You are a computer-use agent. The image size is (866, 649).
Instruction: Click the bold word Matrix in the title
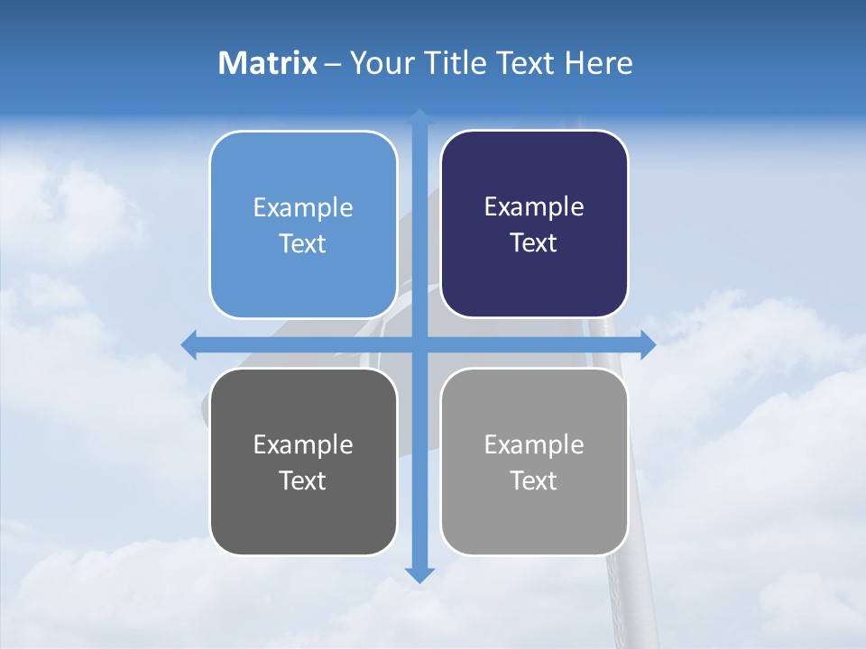click(x=268, y=63)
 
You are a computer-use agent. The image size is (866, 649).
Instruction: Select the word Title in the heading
click(x=453, y=63)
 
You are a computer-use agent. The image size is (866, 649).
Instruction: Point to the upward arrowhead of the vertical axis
click(x=419, y=117)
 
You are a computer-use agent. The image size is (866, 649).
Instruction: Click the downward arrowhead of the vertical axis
click(x=419, y=574)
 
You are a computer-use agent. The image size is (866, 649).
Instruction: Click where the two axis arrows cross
click(x=419, y=344)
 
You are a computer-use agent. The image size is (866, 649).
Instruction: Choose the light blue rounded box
click(x=303, y=270)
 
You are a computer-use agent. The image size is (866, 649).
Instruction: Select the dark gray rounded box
click(x=303, y=514)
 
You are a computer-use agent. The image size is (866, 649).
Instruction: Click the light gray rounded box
click(x=534, y=514)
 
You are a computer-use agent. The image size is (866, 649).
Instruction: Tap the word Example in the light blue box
click(x=303, y=207)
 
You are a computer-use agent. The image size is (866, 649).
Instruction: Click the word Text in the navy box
click(x=534, y=243)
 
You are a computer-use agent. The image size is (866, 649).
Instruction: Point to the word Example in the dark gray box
click(x=303, y=444)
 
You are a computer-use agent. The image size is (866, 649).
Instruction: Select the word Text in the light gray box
click(x=534, y=480)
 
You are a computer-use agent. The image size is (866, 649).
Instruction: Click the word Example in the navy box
click(x=534, y=206)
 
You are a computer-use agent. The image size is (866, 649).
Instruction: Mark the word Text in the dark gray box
click(x=303, y=480)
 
